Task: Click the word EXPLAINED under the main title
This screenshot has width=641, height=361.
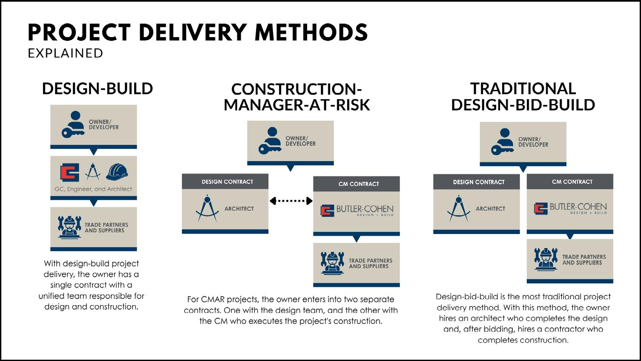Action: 66,53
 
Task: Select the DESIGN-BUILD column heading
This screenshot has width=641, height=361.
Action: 98,89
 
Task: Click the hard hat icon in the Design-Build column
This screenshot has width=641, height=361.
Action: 117,172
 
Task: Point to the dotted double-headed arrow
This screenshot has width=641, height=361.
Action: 291,201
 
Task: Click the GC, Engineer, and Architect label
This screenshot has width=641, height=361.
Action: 93,189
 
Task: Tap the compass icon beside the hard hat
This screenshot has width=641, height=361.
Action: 93,172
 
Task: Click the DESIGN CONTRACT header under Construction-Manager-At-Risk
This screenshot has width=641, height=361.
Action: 227,182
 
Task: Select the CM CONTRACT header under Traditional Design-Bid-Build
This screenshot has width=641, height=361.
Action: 572,182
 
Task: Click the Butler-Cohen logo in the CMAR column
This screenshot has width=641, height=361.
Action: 356,211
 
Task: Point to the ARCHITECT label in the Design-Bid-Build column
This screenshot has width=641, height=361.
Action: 490,209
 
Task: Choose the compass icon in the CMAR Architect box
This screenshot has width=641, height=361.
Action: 207,208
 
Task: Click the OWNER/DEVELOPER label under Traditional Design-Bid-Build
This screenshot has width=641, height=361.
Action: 533,142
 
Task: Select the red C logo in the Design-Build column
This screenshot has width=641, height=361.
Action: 70,172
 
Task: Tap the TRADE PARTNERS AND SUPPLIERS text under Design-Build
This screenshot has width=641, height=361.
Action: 106,228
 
